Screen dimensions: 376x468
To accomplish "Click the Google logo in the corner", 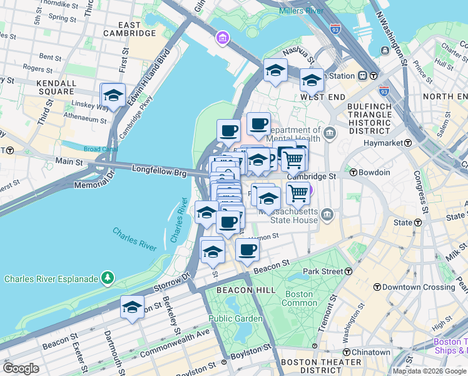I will [x=21, y=368].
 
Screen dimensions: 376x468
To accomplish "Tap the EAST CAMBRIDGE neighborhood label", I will [x=131, y=29].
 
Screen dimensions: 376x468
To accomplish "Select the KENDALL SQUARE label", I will [x=56, y=87].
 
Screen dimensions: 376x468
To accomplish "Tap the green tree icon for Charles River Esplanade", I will [x=108, y=278].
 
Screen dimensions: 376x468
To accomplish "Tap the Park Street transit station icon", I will [x=348, y=271].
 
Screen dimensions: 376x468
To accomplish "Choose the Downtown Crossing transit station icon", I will [x=377, y=287].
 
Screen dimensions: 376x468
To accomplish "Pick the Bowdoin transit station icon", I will [x=354, y=172].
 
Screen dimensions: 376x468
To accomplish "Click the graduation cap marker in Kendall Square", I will [x=113, y=96].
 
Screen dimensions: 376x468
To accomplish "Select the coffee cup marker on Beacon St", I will [x=247, y=250].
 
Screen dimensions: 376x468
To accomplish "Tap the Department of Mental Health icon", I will [x=330, y=133].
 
